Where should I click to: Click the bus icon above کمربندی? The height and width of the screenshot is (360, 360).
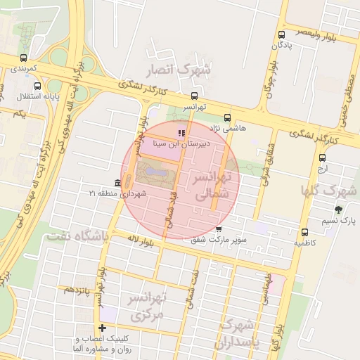25,58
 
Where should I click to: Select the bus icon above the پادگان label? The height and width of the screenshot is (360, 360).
281,34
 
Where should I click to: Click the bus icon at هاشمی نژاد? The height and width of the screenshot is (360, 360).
226,117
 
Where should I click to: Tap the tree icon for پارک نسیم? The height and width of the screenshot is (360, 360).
338,210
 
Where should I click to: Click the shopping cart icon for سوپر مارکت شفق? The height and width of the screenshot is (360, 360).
219,229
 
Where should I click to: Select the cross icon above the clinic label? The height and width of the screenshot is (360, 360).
103,328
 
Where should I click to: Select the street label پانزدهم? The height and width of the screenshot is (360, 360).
77,289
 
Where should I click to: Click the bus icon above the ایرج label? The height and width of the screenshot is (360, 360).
322,157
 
